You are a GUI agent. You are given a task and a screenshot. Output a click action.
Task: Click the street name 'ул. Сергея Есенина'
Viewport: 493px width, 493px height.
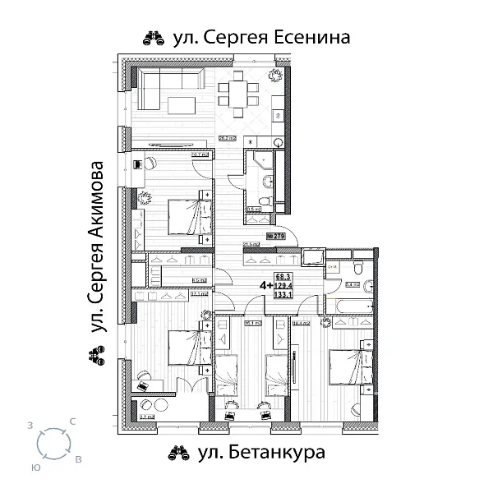coord(262,38)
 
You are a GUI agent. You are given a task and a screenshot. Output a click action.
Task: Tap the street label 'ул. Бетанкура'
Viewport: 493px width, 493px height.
coord(262,452)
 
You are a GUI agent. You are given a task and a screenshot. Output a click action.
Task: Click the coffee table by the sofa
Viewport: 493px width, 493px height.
coord(183,104)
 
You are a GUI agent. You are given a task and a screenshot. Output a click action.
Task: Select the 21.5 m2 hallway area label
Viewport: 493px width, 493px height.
coord(251,244)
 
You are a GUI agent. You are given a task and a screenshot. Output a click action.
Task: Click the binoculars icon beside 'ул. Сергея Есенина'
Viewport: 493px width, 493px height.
coord(154,38)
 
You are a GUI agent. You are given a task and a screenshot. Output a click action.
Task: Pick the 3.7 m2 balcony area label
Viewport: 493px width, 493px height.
coord(147,418)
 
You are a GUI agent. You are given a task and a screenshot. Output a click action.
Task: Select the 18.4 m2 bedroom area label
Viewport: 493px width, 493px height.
coord(301,324)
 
